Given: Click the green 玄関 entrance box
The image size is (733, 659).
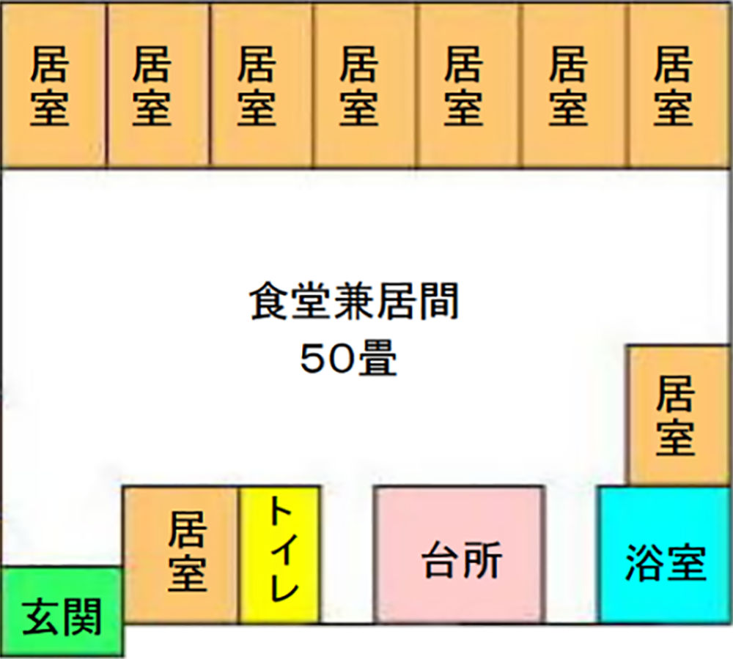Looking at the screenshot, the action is [62, 611].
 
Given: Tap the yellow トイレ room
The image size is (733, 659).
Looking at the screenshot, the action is [279, 554].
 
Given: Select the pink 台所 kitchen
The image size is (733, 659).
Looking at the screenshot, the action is [460, 554].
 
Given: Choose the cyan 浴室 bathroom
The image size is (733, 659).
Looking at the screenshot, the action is [665, 554].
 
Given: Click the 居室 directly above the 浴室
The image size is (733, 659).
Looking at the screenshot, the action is [678, 414].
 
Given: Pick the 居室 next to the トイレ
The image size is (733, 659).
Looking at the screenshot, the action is [181, 554].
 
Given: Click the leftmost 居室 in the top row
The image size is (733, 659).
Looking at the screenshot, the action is [53, 85].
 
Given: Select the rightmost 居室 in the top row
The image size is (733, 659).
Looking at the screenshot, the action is [680, 85].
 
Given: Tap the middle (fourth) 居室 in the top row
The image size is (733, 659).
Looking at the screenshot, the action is [366, 85].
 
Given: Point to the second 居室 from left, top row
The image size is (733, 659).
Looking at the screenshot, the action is [158, 85].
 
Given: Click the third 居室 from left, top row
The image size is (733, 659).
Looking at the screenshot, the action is [262, 85].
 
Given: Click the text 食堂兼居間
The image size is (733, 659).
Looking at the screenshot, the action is [354, 302].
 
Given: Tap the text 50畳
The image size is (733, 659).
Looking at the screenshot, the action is [349, 360].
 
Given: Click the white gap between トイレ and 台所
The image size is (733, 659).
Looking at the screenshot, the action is [347, 554].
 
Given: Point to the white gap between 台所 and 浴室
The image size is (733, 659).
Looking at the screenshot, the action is [572, 554].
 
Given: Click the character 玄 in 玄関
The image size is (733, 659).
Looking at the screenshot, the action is [41, 617].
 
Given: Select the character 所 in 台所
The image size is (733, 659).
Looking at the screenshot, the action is [483, 560].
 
